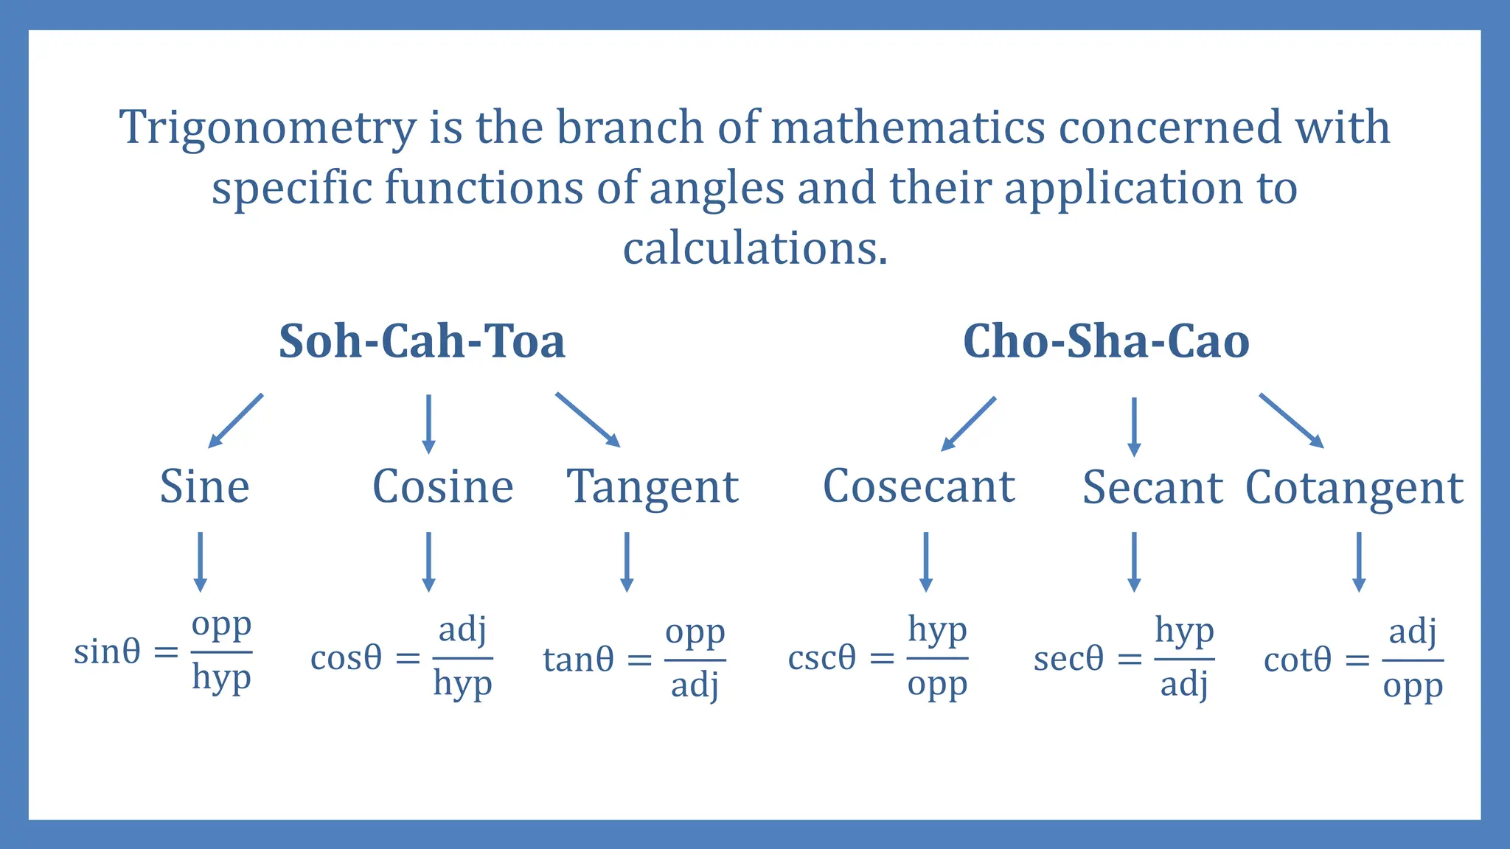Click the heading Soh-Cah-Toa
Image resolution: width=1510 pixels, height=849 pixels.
(x=422, y=342)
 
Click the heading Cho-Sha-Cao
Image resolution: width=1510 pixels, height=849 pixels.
(x=1106, y=342)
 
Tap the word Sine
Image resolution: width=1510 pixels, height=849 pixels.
(x=205, y=487)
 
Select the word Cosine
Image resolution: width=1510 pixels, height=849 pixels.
(x=442, y=487)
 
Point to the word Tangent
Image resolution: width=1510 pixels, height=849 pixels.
(x=653, y=489)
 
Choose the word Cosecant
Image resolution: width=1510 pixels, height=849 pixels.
(x=919, y=487)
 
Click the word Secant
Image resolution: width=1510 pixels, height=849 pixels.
(x=1152, y=489)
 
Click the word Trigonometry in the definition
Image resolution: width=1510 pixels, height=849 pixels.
(x=268, y=128)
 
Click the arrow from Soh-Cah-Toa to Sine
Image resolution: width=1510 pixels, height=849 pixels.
(x=236, y=421)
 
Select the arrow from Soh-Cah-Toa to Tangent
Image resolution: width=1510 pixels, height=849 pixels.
(x=588, y=420)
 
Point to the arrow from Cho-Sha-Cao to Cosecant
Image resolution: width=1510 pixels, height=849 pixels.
(x=969, y=424)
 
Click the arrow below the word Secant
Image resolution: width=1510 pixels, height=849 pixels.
(x=1134, y=562)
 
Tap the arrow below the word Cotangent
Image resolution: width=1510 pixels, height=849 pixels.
(x=1359, y=562)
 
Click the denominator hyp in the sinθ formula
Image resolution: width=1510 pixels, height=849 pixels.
(x=221, y=677)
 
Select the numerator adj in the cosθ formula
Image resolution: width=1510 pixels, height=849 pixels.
(x=462, y=630)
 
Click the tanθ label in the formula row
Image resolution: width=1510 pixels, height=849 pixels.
(x=578, y=660)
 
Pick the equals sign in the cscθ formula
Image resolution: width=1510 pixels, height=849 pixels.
(x=882, y=658)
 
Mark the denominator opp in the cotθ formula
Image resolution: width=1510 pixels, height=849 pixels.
(x=1412, y=687)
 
